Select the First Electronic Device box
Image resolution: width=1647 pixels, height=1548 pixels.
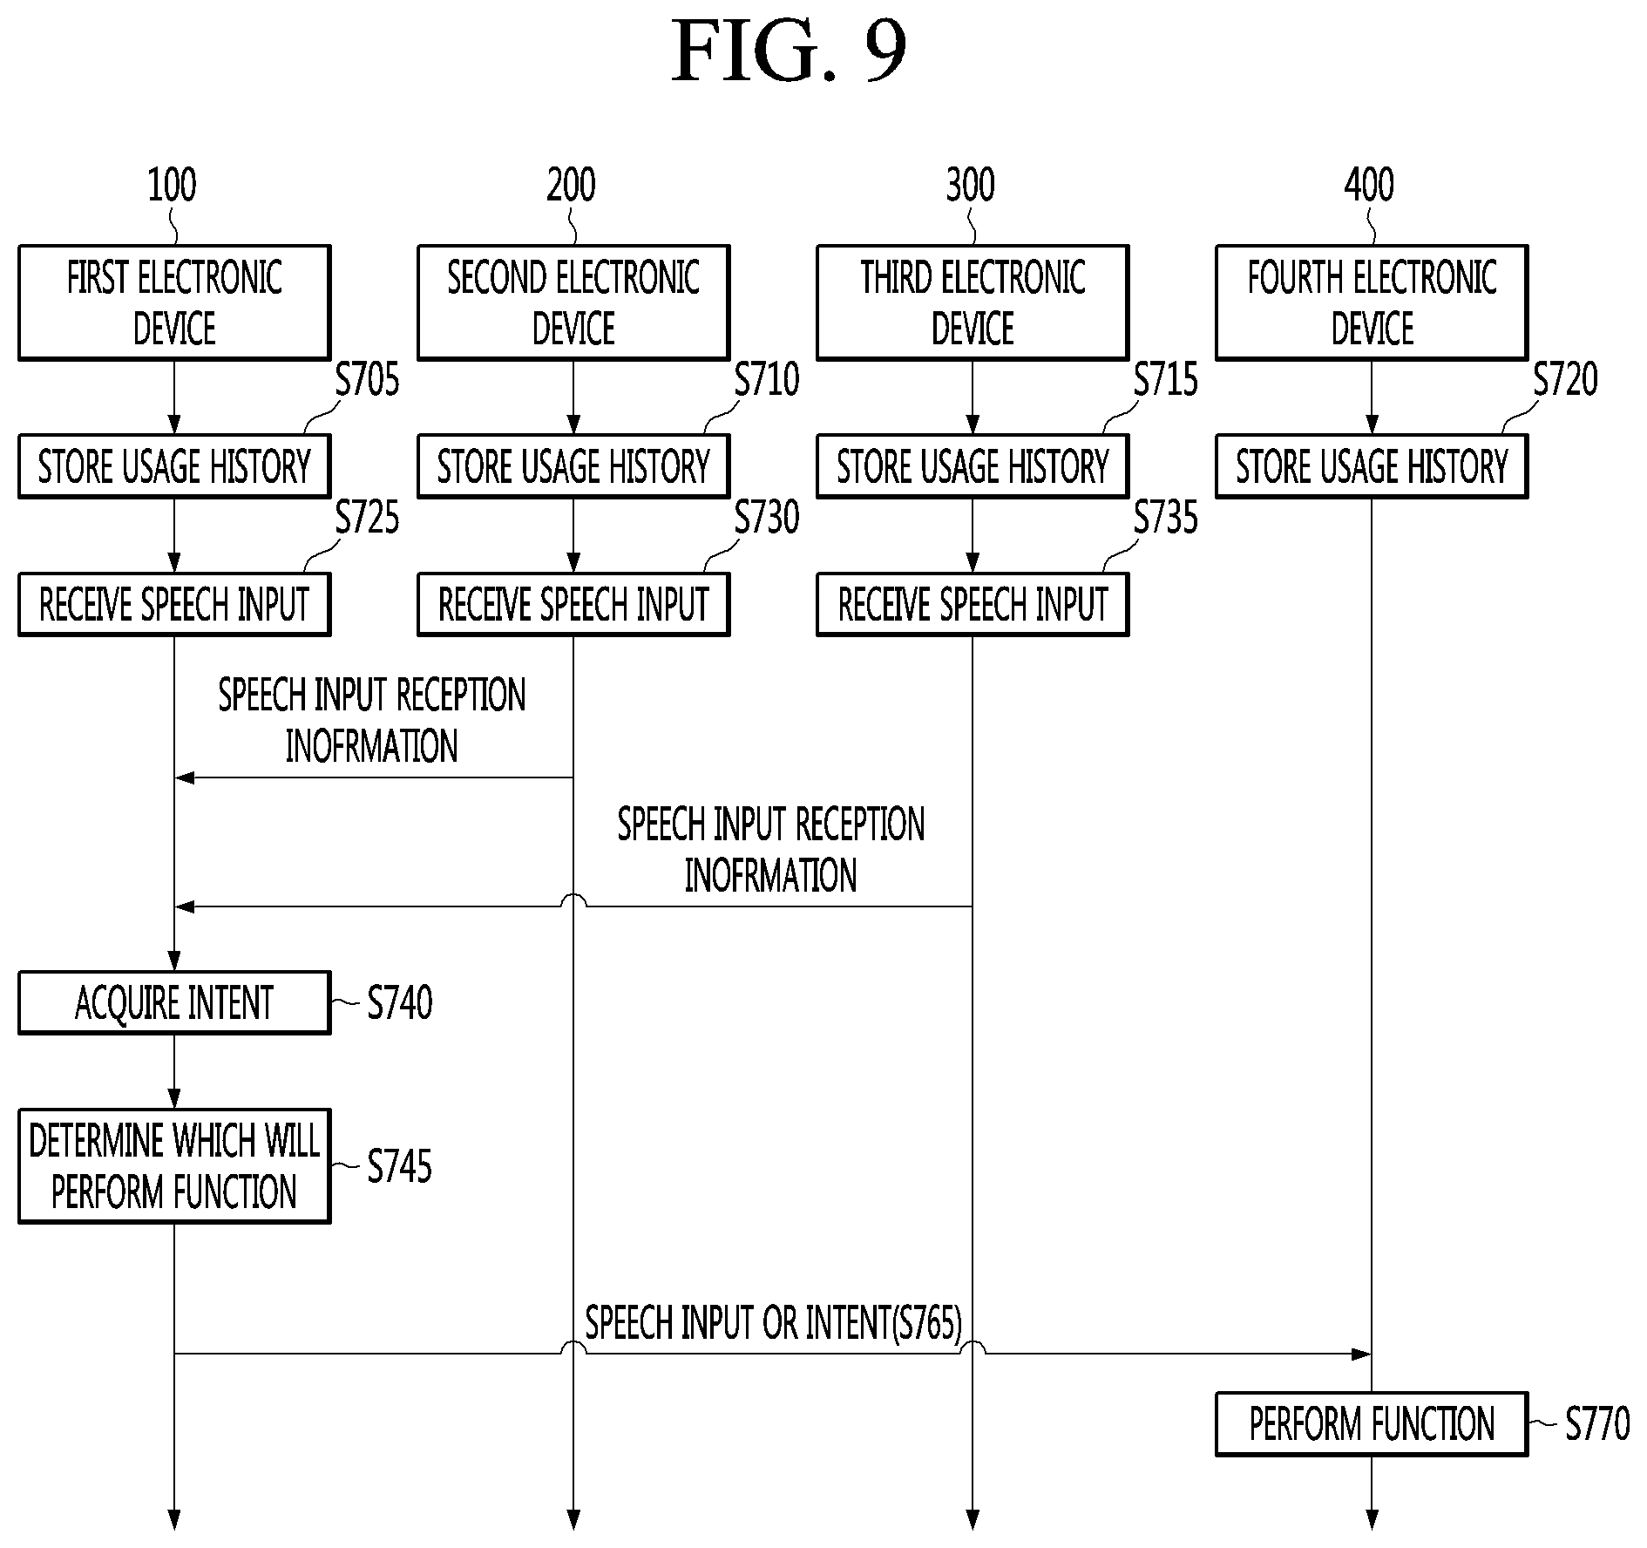tap(174, 302)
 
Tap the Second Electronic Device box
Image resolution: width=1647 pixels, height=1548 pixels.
tap(573, 302)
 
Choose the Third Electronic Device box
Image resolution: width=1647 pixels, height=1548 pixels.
tap(973, 302)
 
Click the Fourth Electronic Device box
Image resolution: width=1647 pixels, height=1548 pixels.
tap(1372, 302)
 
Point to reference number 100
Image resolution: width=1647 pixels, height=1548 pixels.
tap(172, 185)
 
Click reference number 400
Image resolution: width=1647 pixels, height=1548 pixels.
tap(1369, 185)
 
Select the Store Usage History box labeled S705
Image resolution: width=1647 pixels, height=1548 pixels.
tap(174, 466)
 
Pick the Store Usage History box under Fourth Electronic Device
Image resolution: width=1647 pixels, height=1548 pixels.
tap(1372, 466)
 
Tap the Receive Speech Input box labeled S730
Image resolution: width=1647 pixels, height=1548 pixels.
tap(573, 604)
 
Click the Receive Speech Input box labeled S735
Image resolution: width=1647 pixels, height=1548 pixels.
tap(973, 604)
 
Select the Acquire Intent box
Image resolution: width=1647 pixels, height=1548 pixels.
tap(174, 1002)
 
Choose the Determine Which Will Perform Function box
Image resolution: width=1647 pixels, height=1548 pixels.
tap(174, 1166)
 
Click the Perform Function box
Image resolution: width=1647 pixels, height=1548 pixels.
tap(1372, 1424)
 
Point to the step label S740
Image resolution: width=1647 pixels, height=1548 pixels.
tap(399, 1002)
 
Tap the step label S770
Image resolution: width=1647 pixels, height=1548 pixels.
tap(1597, 1424)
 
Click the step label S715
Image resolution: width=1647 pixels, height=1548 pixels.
tap(1166, 380)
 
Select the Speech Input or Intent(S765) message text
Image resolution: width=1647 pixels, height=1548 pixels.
tap(773, 1323)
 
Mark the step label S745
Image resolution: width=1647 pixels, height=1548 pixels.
tap(399, 1166)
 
